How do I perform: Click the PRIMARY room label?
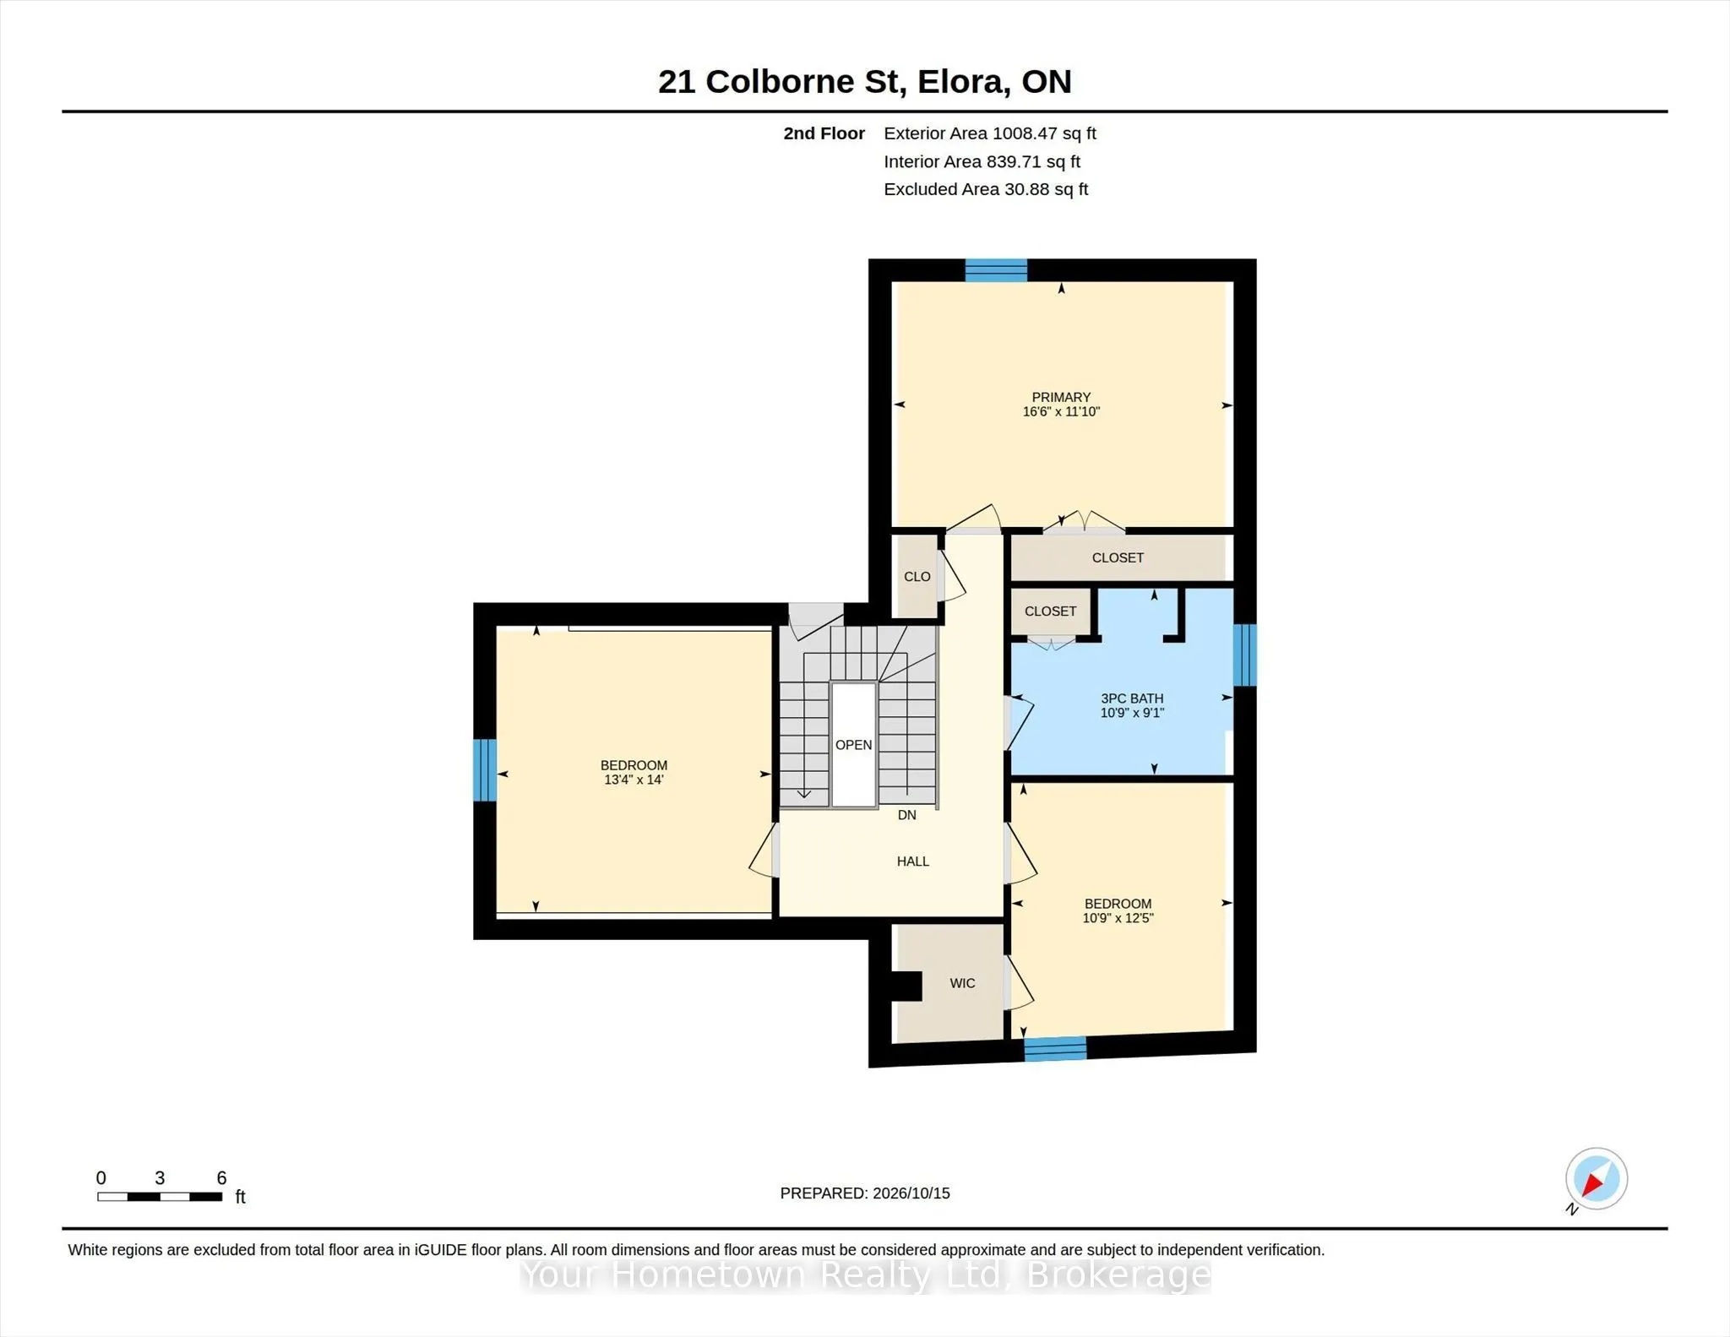[x=1061, y=397]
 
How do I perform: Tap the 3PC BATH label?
[x=1132, y=698]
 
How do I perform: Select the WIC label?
[x=962, y=983]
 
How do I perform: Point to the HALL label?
[x=913, y=861]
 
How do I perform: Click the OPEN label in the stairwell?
[x=853, y=745]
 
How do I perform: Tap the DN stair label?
[x=906, y=815]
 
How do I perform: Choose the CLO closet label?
[x=917, y=577]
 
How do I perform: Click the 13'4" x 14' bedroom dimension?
[x=634, y=780]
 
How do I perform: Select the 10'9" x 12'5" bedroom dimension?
[x=1118, y=918]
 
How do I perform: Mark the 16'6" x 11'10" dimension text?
[x=1061, y=412]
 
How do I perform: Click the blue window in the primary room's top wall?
[x=996, y=270]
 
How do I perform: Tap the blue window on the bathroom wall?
[x=1244, y=655]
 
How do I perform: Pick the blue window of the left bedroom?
[x=485, y=770]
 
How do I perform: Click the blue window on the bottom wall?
[x=1055, y=1048]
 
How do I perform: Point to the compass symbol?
[x=1596, y=1180]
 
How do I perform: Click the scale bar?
[x=160, y=1197]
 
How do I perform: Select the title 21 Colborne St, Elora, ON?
[x=865, y=82]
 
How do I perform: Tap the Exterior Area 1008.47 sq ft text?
[x=990, y=133]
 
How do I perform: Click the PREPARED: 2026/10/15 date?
[x=865, y=1193]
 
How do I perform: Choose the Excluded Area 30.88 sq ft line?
[x=986, y=189]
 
